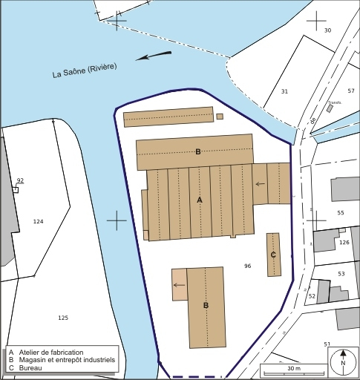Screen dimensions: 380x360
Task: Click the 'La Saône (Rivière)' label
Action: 85,71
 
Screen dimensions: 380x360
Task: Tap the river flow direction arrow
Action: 154,56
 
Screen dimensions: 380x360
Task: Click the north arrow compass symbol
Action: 343,362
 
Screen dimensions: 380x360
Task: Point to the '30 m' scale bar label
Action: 293,369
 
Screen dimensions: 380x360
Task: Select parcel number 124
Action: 39,222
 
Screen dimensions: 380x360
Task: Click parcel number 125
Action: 63,318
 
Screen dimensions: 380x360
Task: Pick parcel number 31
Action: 284,91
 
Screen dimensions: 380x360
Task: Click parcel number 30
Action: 327,30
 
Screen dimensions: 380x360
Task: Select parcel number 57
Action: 351,91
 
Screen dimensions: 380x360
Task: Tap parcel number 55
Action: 341,213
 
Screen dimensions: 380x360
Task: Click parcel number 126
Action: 344,242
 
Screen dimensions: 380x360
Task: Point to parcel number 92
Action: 20,180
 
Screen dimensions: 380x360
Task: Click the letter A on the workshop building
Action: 199,200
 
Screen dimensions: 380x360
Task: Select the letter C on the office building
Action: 273,255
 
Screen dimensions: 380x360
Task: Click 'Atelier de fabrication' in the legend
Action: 56,352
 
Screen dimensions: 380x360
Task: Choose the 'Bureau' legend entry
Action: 30,369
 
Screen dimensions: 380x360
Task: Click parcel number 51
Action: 327,344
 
